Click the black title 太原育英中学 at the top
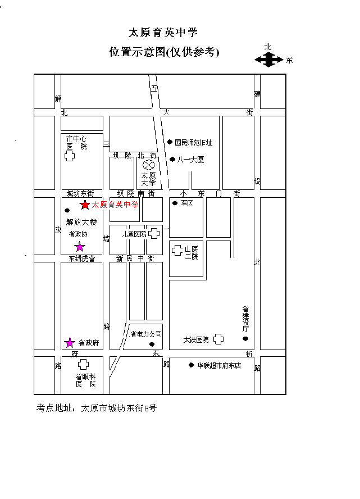coord(163,32)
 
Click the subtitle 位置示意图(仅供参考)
coord(163,52)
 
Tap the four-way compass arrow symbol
coord(269,59)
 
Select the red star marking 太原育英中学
coord(85,205)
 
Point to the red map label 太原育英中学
coord(115,205)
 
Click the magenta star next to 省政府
coord(70,342)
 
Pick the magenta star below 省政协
coord(80,247)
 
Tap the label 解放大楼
coord(81,222)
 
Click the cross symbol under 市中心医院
coord(69,156)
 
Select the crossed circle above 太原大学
coord(149,165)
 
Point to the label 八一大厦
coord(190,160)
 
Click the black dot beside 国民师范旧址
coord(170,142)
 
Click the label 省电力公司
coord(145,334)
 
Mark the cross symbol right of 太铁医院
coord(218,339)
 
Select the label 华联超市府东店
coord(218,365)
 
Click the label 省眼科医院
coord(85,380)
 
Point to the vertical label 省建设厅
coord(245,319)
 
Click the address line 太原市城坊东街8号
coord(119,408)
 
